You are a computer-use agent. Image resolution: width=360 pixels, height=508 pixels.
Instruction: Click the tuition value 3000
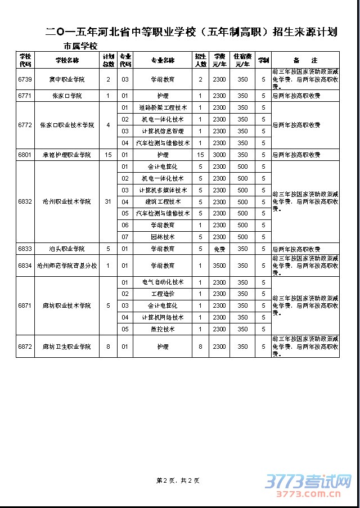(219, 155)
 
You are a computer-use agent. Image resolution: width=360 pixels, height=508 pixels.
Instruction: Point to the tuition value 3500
(219, 265)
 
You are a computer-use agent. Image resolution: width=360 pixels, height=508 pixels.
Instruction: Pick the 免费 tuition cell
(219, 249)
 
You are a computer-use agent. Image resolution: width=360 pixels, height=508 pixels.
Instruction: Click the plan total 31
(108, 201)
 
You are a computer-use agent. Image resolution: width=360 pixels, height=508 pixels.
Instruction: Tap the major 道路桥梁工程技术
(163, 107)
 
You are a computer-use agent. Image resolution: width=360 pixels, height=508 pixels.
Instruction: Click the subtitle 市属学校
(80, 46)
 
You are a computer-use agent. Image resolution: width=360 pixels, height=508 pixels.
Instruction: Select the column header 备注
(305, 60)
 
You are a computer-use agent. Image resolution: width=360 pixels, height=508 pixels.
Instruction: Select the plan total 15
(108, 155)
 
